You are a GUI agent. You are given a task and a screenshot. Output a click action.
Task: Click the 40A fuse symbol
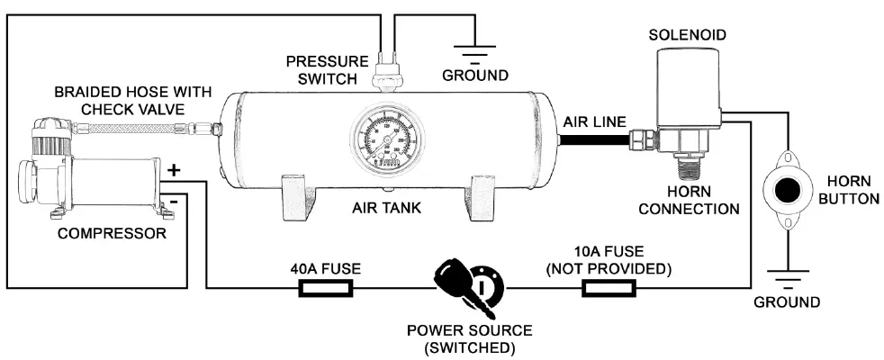point(325,289)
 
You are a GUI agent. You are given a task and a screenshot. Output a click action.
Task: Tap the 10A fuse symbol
point(610,289)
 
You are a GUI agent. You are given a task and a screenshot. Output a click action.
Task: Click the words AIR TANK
point(387,209)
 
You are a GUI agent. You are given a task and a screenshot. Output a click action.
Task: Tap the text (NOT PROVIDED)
point(610,268)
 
